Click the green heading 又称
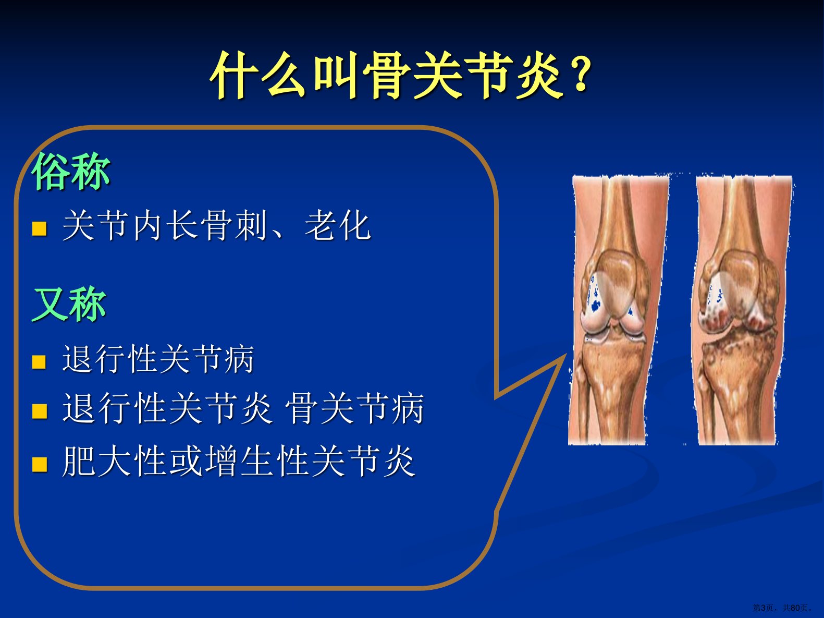coord(69,305)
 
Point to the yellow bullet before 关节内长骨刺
coord(40,228)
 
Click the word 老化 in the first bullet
coord(338,225)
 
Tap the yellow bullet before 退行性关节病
coord(39,362)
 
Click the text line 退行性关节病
coord(158,359)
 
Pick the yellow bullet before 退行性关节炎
coord(40,411)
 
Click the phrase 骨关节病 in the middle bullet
coord(355,408)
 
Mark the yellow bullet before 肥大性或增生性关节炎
coord(40,464)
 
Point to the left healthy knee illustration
coord(619,310)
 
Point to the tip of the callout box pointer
coord(565,354)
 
